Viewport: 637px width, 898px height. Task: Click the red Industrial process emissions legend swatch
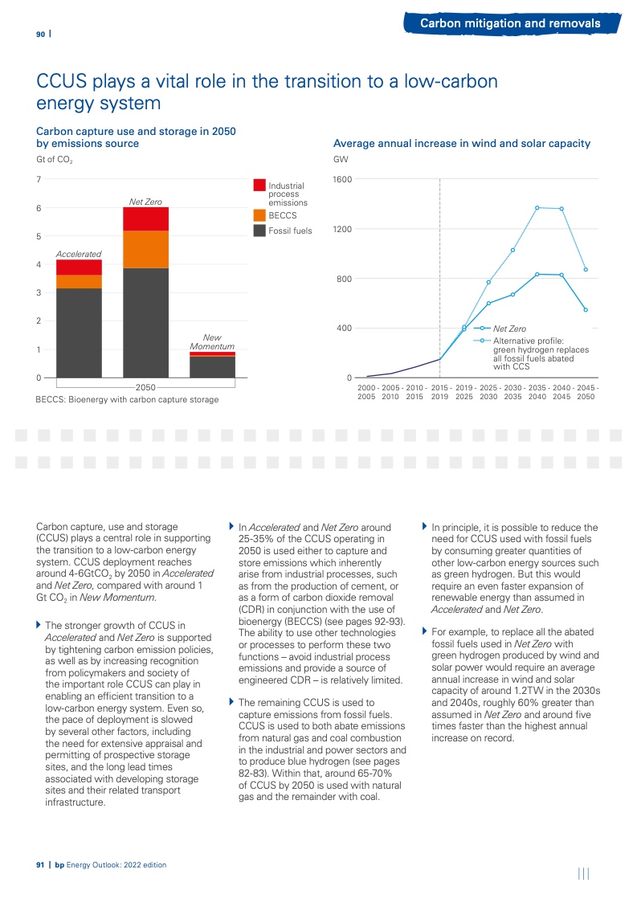point(259,186)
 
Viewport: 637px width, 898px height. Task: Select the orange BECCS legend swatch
point(259,215)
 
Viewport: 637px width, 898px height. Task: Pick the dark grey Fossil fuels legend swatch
point(259,231)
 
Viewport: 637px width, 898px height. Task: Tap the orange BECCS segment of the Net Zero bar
point(145,249)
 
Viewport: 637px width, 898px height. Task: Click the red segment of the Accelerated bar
point(79,267)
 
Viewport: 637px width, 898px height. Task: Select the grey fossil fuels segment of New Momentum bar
point(212,366)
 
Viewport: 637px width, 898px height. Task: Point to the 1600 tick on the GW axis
point(343,179)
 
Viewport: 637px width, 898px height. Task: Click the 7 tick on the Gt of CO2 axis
point(39,178)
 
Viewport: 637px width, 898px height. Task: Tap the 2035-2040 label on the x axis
point(537,392)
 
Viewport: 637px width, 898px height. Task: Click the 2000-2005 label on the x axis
point(366,392)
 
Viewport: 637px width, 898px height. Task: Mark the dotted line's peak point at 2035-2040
point(537,208)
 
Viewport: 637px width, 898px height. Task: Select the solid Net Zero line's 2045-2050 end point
point(586,310)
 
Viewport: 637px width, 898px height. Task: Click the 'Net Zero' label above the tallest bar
point(145,201)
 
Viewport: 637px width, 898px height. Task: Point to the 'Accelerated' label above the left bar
point(79,254)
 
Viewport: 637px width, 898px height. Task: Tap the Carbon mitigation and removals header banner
point(510,23)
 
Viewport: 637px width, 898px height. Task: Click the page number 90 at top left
point(39,34)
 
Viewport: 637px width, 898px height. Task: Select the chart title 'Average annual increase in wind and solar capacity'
point(462,144)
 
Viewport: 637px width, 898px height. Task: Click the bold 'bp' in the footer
point(59,864)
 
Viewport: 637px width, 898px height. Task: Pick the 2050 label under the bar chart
point(145,387)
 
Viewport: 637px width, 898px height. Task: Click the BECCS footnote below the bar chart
point(127,399)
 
